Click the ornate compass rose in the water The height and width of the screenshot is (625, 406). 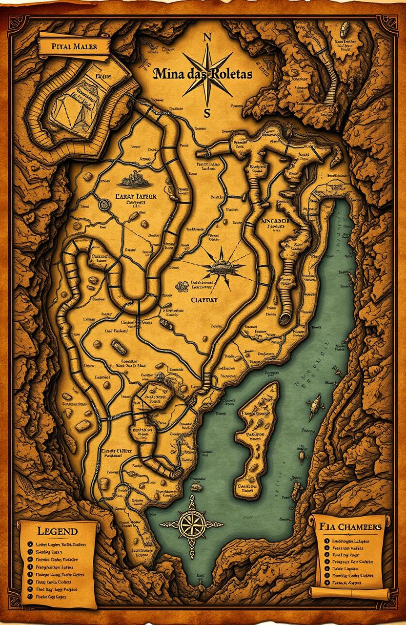coord(189,523)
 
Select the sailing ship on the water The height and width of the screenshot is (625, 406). coord(315,402)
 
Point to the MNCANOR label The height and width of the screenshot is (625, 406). coord(276,221)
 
